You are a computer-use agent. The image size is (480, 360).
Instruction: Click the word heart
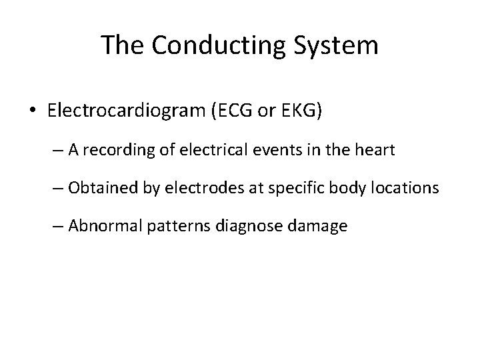click(x=374, y=151)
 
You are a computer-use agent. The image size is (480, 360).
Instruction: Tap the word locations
click(x=408, y=189)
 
